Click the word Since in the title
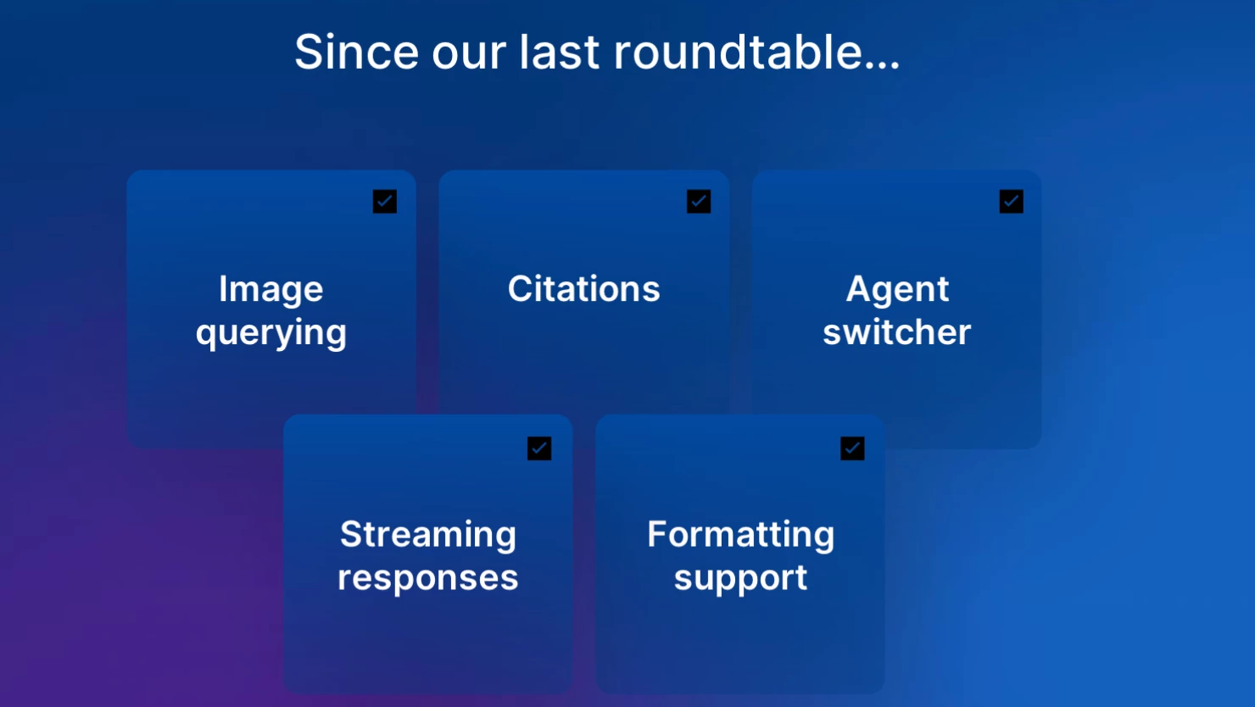pyautogui.click(x=356, y=52)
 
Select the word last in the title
pyautogui.click(x=559, y=52)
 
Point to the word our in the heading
pyautogui.click(x=469, y=56)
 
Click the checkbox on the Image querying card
pyautogui.click(x=384, y=201)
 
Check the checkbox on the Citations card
pyautogui.click(x=699, y=201)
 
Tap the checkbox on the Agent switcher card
pyautogui.click(x=1012, y=201)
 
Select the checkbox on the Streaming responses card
pyautogui.click(x=539, y=448)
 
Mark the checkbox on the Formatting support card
pyautogui.click(x=852, y=448)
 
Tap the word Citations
pyautogui.click(x=583, y=289)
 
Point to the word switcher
pyautogui.click(x=896, y=331)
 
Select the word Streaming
pyautogui.click(x=428, y=536)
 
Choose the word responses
pyautogui.click(x=428, y=579)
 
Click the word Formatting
pyautogui.click(x=740, y=536)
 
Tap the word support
pyautogui.click(x=740, y=579)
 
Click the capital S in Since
pyautogui.click(x=310, y=52)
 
